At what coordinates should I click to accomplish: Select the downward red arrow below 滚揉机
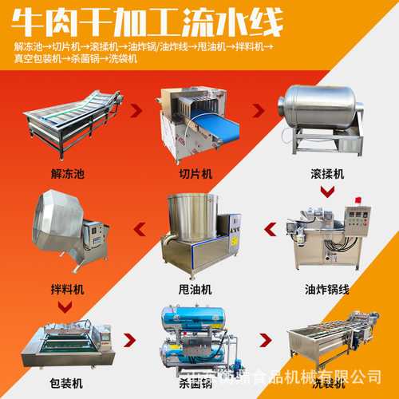(327, 192)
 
